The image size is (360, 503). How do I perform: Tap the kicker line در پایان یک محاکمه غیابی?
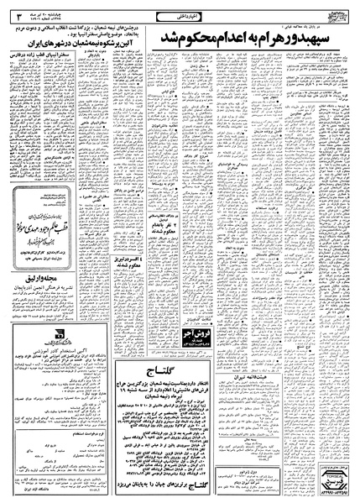click(x=323, y=25)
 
